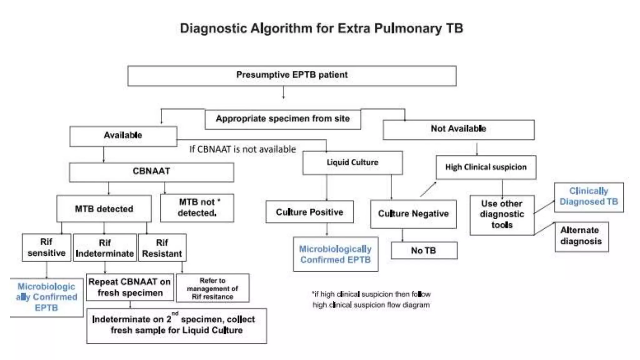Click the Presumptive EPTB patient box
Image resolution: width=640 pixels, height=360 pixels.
[x=292, y=75]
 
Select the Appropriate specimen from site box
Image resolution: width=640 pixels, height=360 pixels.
[x=282, y=119]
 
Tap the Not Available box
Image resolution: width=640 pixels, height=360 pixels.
[x=458, y=129]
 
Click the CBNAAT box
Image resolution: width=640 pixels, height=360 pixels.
[x=151, y=172]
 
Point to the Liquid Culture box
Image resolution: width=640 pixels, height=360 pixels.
[x=352, y=163]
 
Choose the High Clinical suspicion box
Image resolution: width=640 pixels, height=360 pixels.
[x=486, y=167]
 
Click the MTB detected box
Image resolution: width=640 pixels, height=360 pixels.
[x=104, y=209]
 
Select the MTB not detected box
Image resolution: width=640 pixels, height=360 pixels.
[x=197, y=208]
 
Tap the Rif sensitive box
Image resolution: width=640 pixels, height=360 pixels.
[x=46, y=247]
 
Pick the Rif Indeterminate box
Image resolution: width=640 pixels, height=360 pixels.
[x=105, y=248]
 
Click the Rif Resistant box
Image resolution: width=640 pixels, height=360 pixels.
[x=162, y=248]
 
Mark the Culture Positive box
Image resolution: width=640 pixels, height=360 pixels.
[x=309, y=212]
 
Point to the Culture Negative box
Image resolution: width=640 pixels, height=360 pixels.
[x=413, y=214]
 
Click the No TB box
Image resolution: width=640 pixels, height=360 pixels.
[x=423, y=251]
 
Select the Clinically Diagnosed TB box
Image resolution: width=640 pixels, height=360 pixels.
[x=589, y=197]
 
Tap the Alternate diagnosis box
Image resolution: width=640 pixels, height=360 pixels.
[x=581, y=236]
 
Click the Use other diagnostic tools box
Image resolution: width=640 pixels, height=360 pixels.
[x=502, y=215]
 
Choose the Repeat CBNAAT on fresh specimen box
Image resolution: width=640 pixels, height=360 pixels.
[x=130, y=287]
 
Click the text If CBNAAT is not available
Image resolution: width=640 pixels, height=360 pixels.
[x=242, y=149]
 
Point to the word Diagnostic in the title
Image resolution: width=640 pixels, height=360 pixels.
[x=213, y=28]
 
